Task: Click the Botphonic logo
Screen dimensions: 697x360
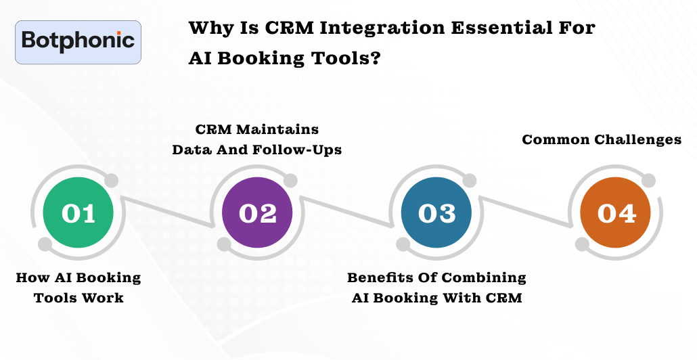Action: [78, 42]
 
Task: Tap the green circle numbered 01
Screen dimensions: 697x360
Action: [78, 212]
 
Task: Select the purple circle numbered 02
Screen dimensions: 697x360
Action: [257, 212]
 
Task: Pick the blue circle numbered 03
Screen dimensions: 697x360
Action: [436, 212]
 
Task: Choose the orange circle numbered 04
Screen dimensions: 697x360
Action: [616, 212]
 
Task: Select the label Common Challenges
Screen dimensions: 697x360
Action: [602, 139]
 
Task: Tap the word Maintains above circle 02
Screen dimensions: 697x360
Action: [277, 129]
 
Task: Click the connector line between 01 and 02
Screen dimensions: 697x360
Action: [168, 213]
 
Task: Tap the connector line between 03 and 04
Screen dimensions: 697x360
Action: [526, 213]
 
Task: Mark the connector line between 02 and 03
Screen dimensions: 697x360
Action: [348, 213]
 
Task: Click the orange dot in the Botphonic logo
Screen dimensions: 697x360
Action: [118, 33]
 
